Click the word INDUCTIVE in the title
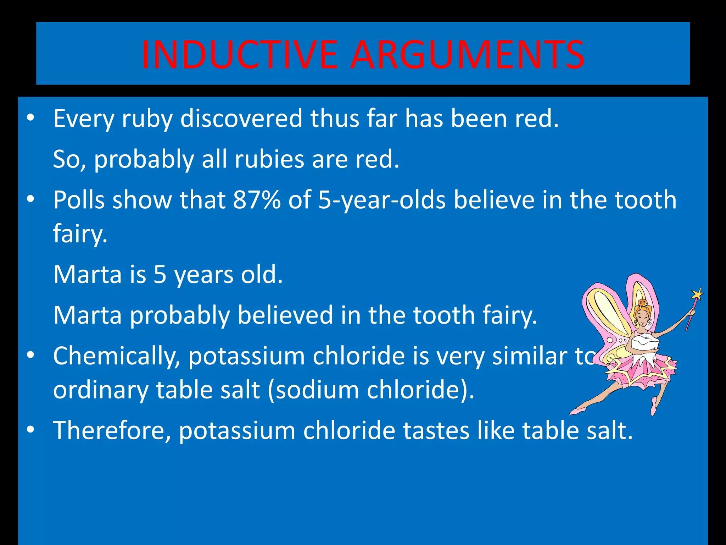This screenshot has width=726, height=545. [239, 55]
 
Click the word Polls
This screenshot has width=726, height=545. [79, 200]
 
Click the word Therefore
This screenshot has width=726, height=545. [112, 431]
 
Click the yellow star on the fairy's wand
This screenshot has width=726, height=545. [697, 294]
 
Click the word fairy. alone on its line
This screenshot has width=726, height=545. [80, 234]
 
